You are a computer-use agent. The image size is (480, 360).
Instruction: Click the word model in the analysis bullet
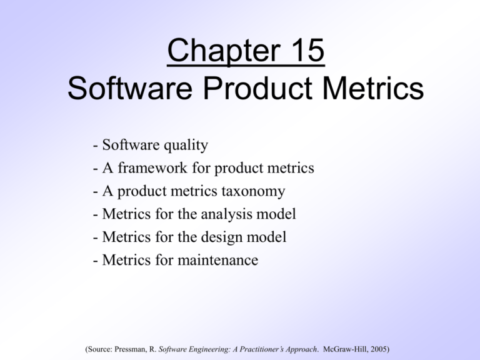(x=279, y=214)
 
